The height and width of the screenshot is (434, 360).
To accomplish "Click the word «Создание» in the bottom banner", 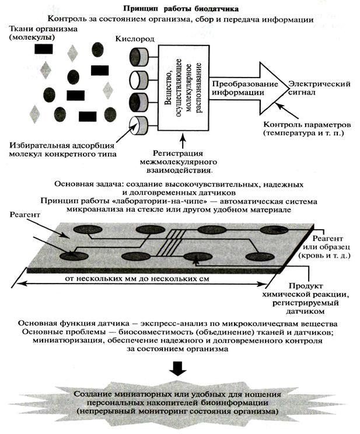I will click(95, 395).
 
